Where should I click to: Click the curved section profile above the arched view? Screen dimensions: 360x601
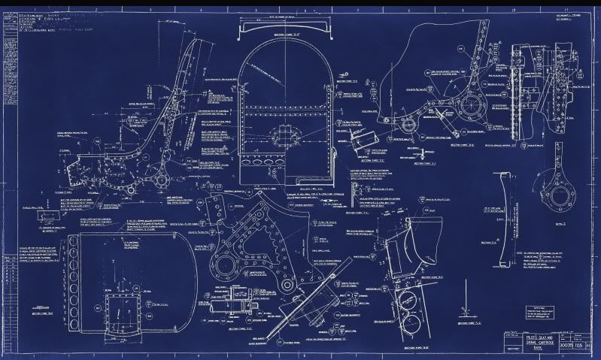point(284,28)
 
